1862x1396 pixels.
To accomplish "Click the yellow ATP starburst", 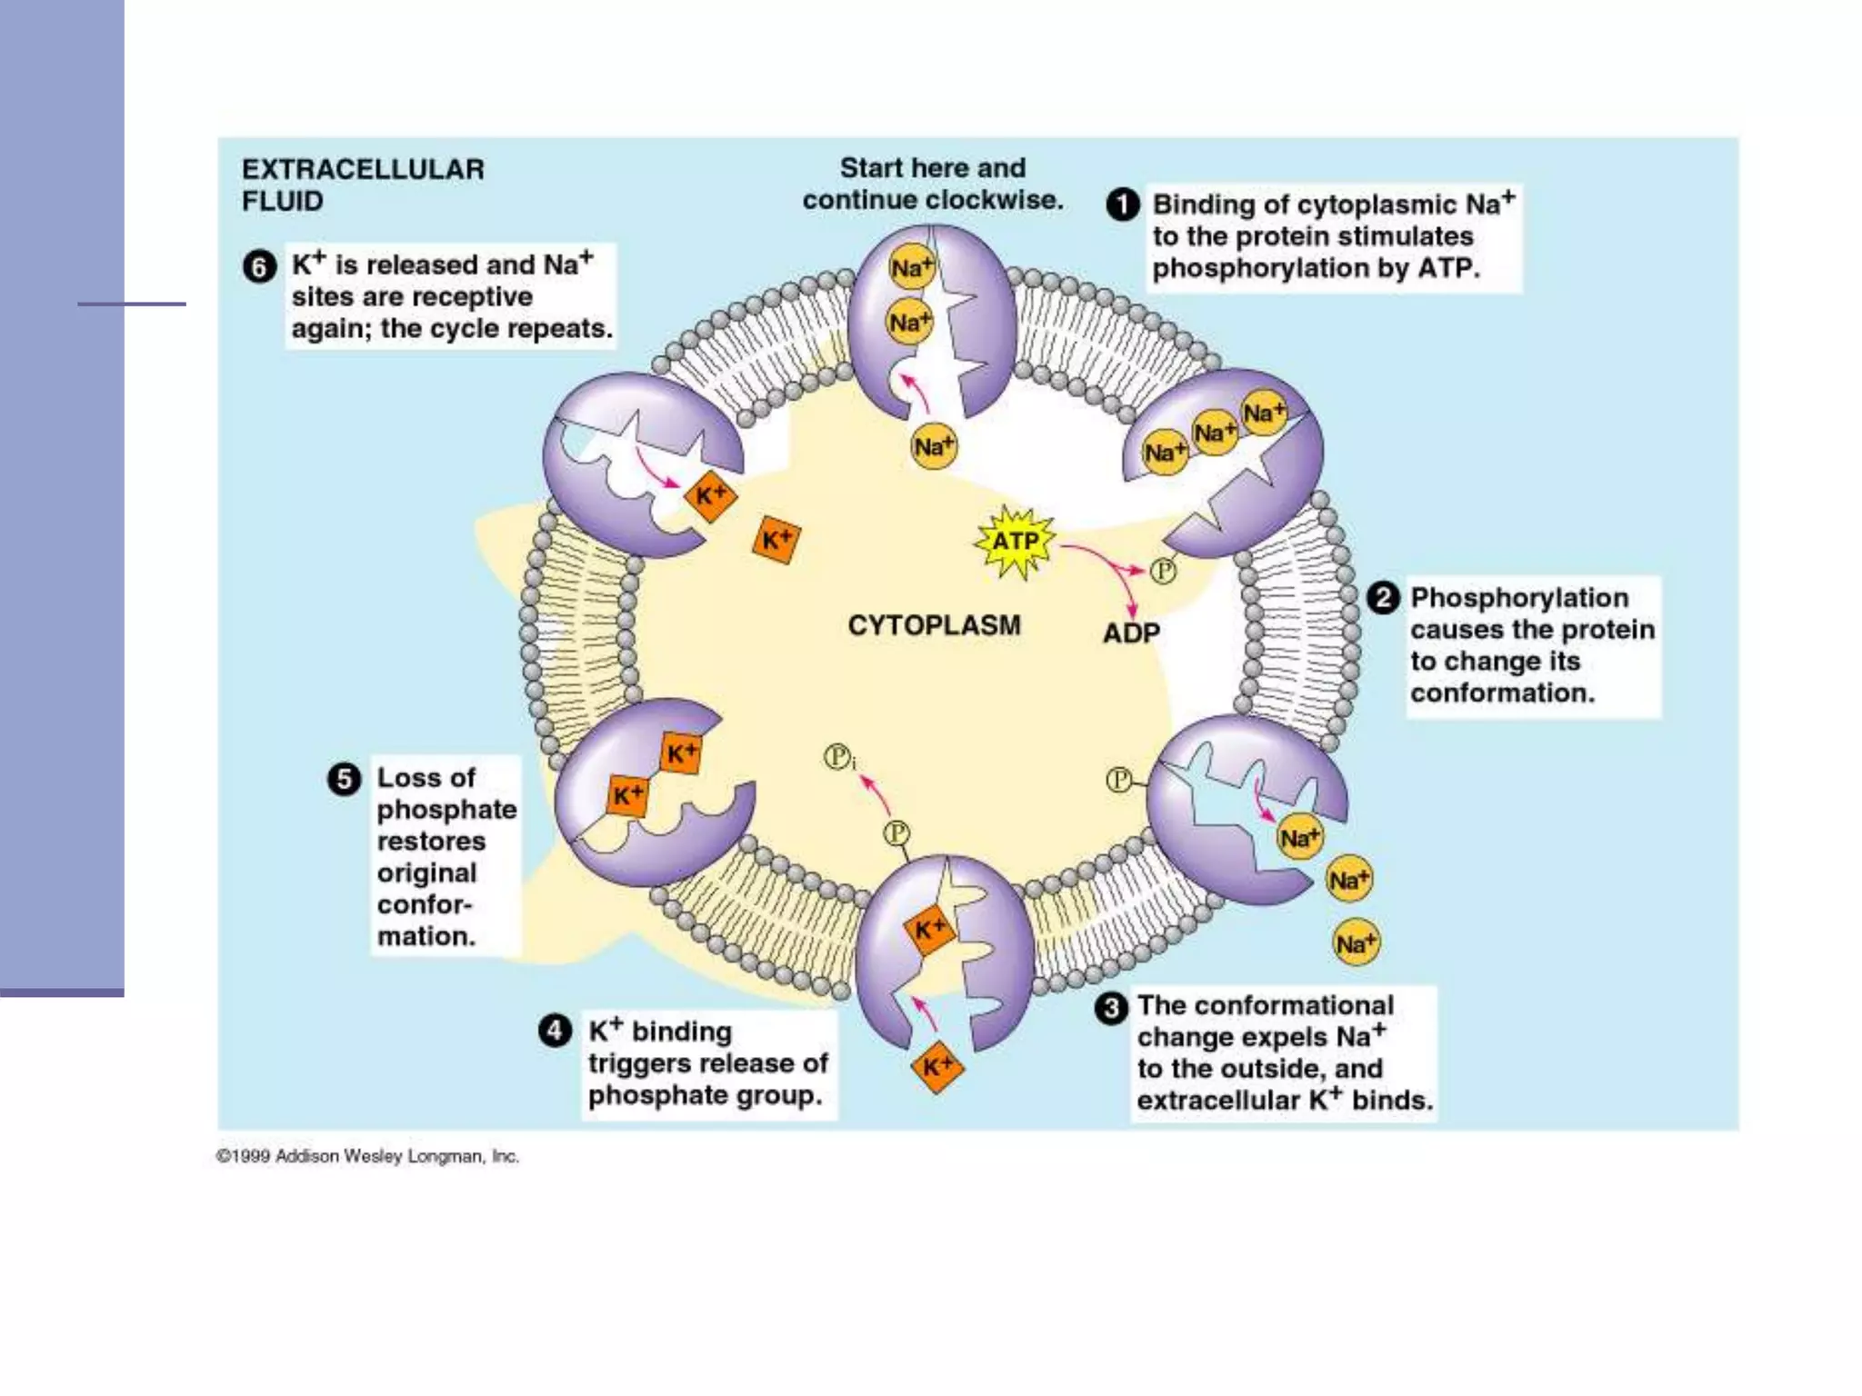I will coord(1015,543).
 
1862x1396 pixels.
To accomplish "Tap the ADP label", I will coord(1131,633).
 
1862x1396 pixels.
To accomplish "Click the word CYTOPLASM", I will coord(934,625).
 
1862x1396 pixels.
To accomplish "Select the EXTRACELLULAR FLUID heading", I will coord(363,184).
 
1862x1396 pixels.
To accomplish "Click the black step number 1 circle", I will coord(1123,204).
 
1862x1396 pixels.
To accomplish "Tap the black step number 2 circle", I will coord(1383,598).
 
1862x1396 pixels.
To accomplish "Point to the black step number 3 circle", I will coord(1111,1008).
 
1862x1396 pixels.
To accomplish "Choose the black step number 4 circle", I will coord(555,1031).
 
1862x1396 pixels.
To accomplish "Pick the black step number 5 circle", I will coord(344,779).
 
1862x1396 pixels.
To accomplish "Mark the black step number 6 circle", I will coord(260,267).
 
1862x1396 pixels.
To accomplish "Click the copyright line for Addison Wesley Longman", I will coord(367,1156).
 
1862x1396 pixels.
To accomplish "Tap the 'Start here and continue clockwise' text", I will coord(932,184).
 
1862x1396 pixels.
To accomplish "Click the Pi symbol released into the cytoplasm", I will coord(838,757).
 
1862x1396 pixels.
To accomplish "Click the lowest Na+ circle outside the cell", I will coord(1356,943).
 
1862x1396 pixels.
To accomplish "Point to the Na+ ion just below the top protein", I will coord(934,446).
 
